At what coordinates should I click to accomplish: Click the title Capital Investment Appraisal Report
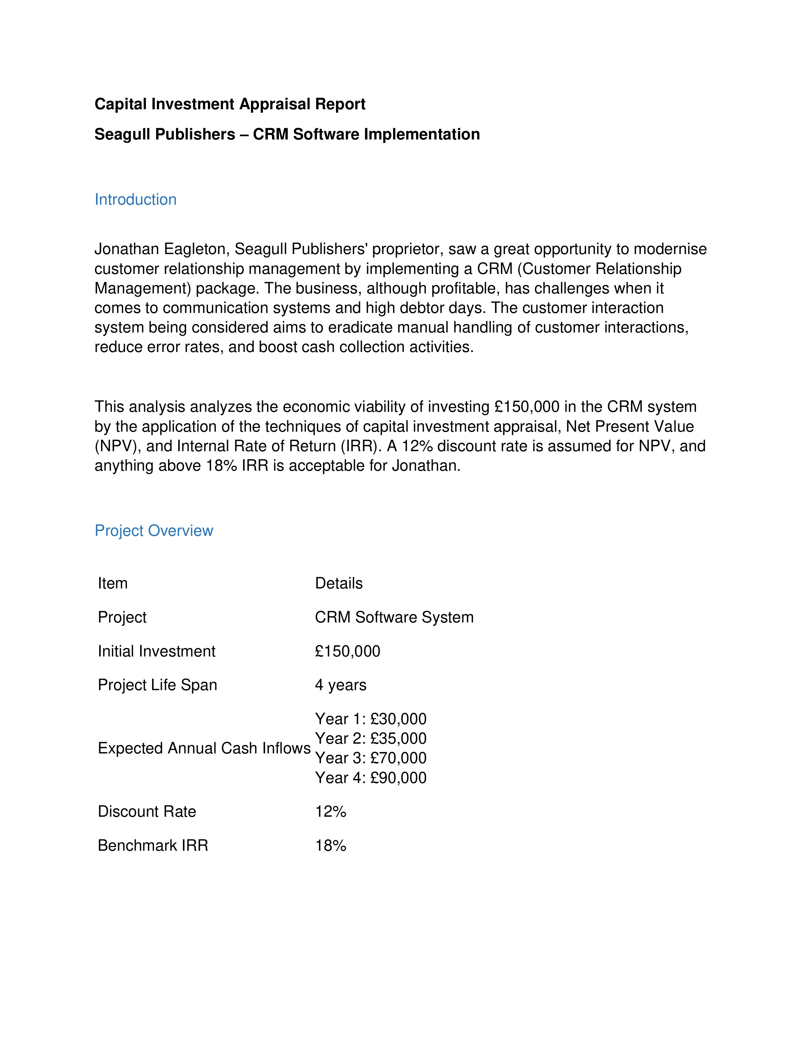pos(230,104)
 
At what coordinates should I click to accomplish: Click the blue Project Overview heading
pos(154,531)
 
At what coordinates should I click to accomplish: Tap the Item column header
pos(113,583)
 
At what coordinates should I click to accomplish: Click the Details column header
pos(339,583)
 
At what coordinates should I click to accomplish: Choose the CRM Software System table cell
pos(394,617)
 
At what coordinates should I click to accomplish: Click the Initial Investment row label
pos(157,651)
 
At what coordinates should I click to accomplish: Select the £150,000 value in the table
pos(347,651)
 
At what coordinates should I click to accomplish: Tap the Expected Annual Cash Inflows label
pos(204,748)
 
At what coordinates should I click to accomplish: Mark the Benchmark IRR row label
pos(153,845)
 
